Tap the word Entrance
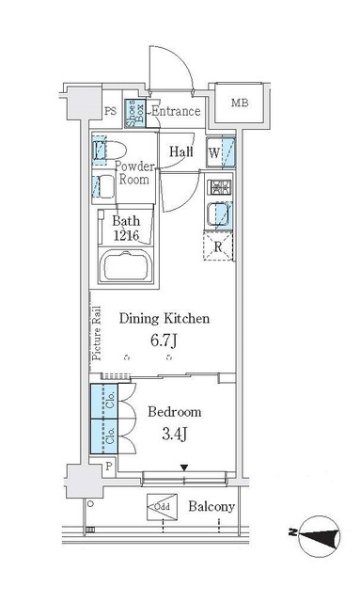(x=176, y=112)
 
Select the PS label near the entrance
(x=110, y=112)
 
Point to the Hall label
(x=181, y=150)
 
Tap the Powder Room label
(x=134, y=172)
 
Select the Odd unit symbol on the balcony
(x=161, y=507)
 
